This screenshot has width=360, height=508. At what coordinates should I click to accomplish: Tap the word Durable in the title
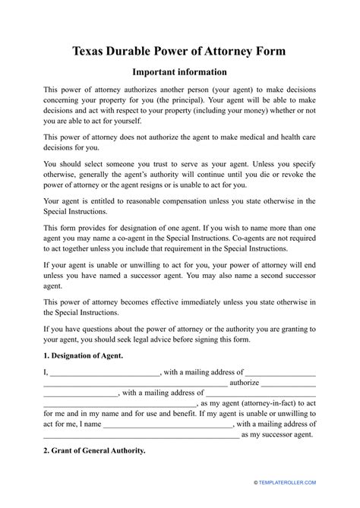coord(141,51)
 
